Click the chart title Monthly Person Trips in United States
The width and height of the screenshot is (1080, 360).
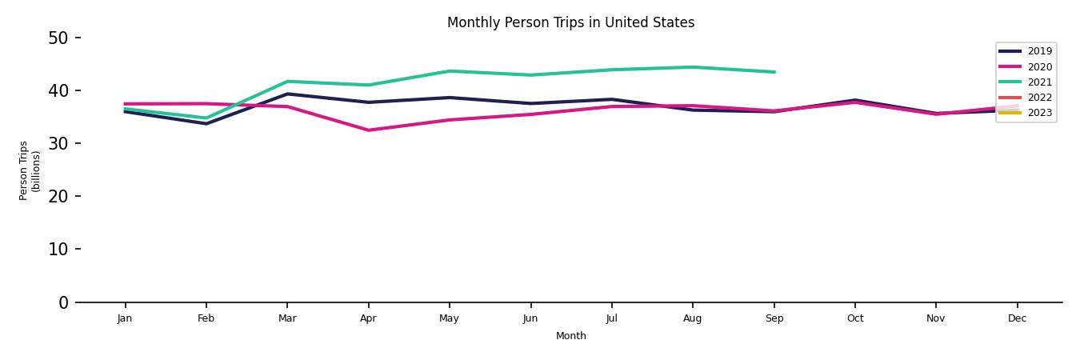(x=570, y=22)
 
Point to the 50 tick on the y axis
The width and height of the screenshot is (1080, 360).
(x=58, y=38)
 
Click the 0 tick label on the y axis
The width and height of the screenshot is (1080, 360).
(x=63, y=302)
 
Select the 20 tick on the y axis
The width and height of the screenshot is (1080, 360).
(x=58, y=196)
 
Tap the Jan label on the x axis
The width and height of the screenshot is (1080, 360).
(x=125, y=318)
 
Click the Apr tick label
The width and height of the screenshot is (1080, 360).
(x=368, y=318)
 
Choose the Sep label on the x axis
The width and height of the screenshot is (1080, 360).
(x=774, y=318)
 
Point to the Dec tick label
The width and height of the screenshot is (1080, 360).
(x=1017, y=318)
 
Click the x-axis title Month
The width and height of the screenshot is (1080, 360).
(x=571, y=336)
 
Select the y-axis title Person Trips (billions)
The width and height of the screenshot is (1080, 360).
(x=30, y=170)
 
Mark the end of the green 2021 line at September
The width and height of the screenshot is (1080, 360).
(x=774, y=72)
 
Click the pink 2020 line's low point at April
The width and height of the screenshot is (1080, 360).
(x=368, y=130)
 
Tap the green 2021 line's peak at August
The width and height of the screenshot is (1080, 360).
(x=693, y=67)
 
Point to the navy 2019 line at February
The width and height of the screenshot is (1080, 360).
(x=206, y=123)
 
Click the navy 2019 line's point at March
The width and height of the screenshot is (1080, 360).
(x=287, y=94)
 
